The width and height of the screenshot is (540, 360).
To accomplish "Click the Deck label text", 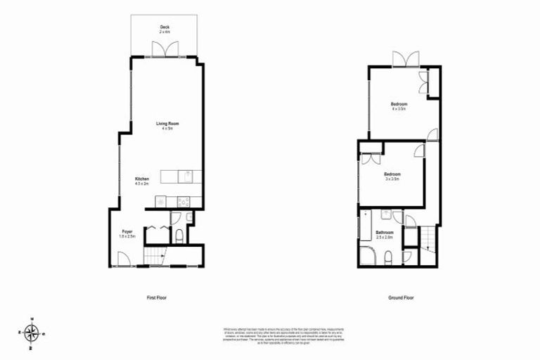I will (x=164, y=29).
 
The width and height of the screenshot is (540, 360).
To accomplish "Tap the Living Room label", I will (x=167, y=126).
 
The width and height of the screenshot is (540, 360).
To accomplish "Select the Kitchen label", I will (x=142, y=181).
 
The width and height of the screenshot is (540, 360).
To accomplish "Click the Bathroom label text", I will (x=384, y=234).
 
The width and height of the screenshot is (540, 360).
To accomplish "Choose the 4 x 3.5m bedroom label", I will (x=399, y=107).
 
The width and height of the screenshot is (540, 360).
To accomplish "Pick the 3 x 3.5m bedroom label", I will (x=392, y=176).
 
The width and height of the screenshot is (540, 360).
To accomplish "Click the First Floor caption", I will (x=157, y=297).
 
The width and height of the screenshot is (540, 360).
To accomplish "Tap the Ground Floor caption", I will (x=401, y=297).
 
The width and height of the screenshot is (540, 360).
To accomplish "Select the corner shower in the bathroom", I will (x=367, y=257).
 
